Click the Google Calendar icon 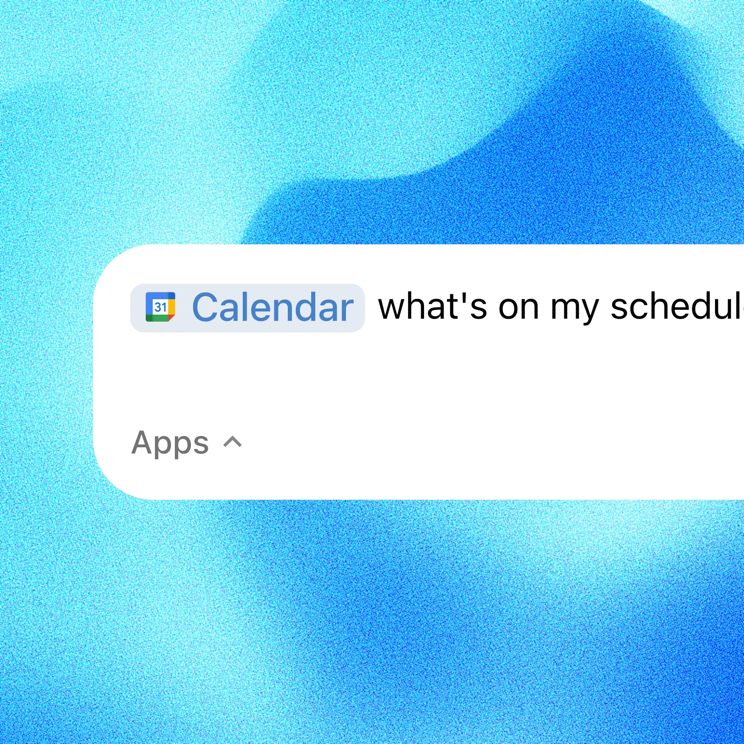160,307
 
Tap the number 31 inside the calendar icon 160,307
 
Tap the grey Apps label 170,443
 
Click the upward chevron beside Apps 232,442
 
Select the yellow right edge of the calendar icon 172,307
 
